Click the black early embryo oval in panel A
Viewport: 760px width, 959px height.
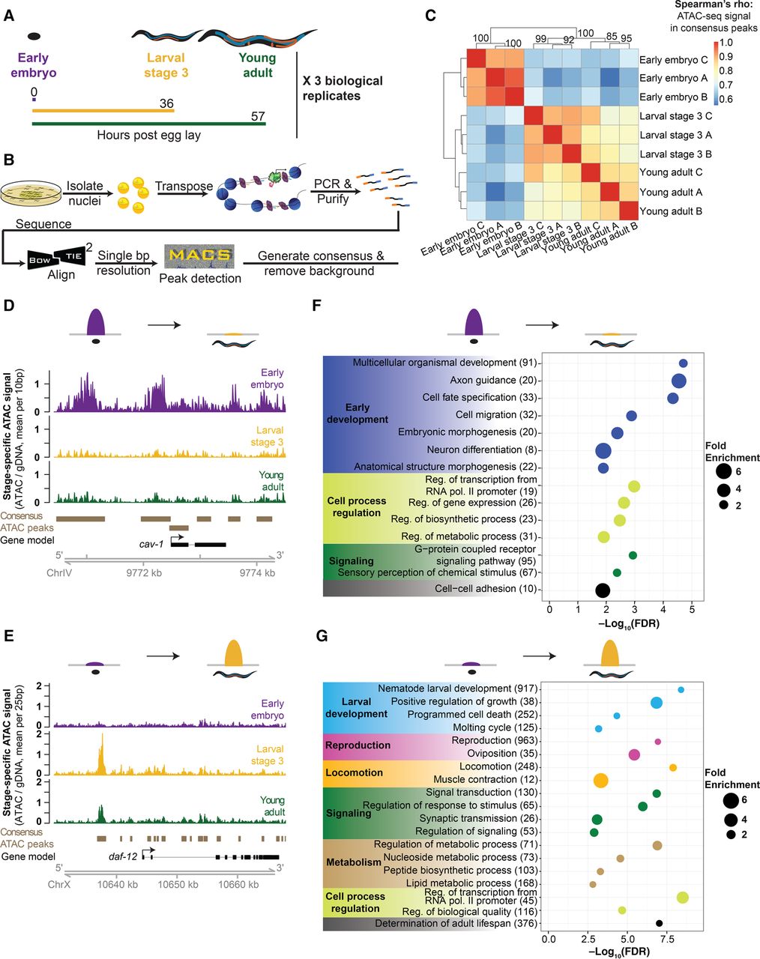pos(34,35)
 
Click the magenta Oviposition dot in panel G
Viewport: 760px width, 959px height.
pos(634,754)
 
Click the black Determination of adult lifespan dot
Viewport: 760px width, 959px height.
pos(659,924)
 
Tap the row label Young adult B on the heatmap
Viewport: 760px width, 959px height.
pos(672,211)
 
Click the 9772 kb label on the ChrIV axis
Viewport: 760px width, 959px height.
pos(142,572)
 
